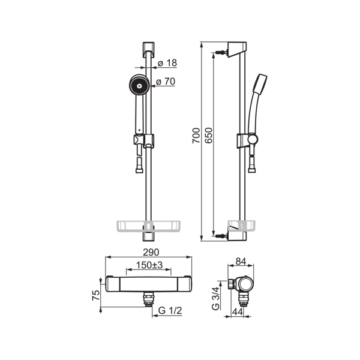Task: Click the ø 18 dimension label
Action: pyautogui.click(x=167, y=63)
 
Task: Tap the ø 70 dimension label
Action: pyautogui.click(x=166, y=82)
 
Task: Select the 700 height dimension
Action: pyautogui.click(x=196, y=136)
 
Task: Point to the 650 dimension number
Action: pyautogui.click(x=209, y=136)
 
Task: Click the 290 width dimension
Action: pyautogui.click(x=151, y=253)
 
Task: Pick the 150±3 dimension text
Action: pyautogui.click(x=149, y=265)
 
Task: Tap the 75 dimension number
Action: pyautogui.click(x=96, y=295)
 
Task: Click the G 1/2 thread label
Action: pyautogui.click(x=170, y=310)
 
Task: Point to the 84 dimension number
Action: pyautogui.click(x=241, y=261)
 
